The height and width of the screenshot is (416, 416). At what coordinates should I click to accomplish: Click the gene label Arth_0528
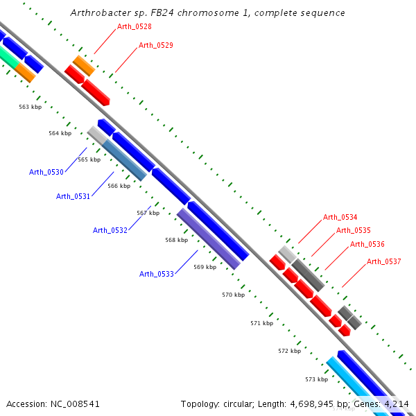(x=135, y=26)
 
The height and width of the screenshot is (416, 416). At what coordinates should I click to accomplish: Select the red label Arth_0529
(x=156, y=45)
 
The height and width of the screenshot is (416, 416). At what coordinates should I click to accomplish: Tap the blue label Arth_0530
(x=46, y=172)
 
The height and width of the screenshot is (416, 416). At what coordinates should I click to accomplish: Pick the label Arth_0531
(x=73, y=196)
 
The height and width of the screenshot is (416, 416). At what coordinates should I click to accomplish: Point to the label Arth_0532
(x=110, y=230)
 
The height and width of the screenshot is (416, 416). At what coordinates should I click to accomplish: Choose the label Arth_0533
(x=157, y=274)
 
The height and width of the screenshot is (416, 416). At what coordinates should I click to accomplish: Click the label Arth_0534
(x=340, y=218)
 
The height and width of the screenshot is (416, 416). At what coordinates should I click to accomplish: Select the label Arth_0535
(x=354, y=230)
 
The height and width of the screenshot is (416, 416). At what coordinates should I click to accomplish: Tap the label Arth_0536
(x=367, y=244)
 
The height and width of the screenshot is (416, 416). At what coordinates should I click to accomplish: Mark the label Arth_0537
(x=384, y=261)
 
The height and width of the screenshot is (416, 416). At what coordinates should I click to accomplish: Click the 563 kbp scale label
(x=30, y=107)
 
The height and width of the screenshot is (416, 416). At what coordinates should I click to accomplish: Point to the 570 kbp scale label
(x=233, y=295)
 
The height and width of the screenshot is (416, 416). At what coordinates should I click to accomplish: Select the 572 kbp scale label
(x=289, y=351)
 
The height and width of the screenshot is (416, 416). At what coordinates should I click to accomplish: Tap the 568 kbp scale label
(x=176, y=240)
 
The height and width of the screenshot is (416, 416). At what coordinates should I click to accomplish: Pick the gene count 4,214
(x=395, y=404)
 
